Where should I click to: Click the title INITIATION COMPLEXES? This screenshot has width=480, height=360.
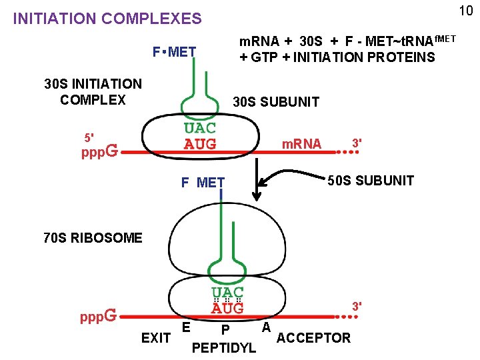click(107, 19)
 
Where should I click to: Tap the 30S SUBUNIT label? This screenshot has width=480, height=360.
click(275, 102)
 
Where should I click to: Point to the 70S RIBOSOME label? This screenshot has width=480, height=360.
click(93, 237)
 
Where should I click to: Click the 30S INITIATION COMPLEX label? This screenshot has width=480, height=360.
click(93, 92)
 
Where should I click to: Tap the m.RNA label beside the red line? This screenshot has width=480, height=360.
click(301, 144)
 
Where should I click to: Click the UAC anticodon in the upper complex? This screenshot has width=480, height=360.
click(200, 128)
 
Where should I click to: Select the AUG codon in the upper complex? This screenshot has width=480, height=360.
click(200, 143)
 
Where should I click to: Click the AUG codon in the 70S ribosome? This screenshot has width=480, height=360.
click(228, 308)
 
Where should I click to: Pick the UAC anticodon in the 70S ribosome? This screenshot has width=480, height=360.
click(228, 293)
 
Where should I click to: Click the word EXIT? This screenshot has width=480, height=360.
click(156, 338)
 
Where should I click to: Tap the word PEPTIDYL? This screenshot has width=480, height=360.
click(223, 348)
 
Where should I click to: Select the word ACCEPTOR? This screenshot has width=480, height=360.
click(313, 338)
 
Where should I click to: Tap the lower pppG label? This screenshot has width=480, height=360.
click(99, 314)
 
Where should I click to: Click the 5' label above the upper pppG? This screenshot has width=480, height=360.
click(88, 137)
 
